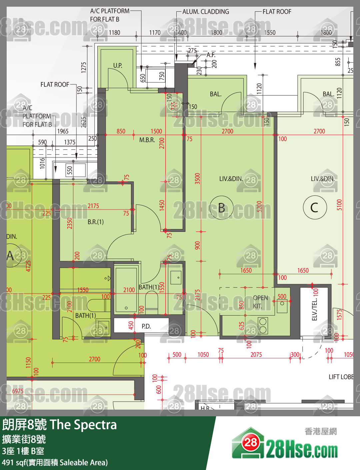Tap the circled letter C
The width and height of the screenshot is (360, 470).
[x=315, y=207]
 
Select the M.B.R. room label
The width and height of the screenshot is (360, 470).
[x=147, y=140]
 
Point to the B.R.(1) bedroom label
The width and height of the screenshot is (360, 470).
[x=96, y=222]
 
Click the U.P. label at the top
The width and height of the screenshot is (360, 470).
[x=118, y=65]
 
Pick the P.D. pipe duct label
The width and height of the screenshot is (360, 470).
[x=146, y=326]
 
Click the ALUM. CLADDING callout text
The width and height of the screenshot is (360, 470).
[x=206, y=12]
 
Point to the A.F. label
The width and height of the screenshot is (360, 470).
[x=211, y=55]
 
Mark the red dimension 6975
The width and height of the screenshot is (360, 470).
[x=18, y=391]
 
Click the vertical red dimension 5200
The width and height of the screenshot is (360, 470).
[x=259, y=207]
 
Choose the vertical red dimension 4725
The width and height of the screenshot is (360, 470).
[x=28, y=266]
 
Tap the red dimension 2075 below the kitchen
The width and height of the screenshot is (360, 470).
[x=256, y=355]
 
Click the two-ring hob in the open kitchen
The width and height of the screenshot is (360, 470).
[x=263, y=326]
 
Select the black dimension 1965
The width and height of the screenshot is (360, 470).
[x=63, y=131]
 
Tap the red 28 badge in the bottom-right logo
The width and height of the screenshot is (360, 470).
[x=250, y=443]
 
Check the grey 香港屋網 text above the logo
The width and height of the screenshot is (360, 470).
[x=320, y=431]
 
